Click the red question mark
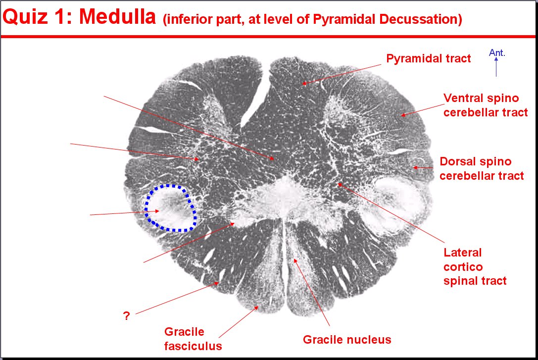(126, 315)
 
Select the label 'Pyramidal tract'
(428, 59)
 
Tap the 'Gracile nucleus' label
(347, 339)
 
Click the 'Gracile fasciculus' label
(193, 339)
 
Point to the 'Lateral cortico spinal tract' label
(475, 266)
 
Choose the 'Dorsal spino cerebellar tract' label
(482, 168)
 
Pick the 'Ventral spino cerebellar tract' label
(486, 105)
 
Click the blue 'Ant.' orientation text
(497, 52)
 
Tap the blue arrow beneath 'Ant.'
(496, 67)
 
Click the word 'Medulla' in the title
(117, 16)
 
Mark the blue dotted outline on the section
(146, 208)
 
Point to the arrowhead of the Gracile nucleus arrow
(294, 261)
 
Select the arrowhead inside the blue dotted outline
(157, 211)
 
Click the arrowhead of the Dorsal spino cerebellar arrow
(415, 167)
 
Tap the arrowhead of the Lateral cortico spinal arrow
(340, 185)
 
